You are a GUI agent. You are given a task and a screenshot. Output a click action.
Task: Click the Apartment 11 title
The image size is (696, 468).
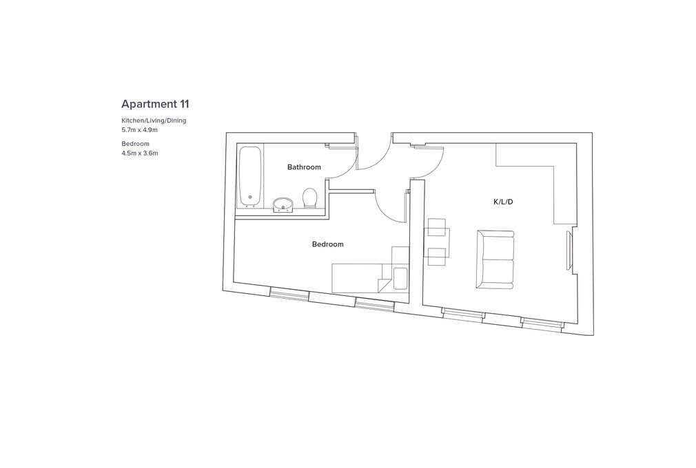click(x=155, y=104)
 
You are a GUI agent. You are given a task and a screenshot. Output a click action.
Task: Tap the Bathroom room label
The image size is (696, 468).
click(x=304, y=167)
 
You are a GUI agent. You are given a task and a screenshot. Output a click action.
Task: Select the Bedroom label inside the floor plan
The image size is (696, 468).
click(x=327, y=244)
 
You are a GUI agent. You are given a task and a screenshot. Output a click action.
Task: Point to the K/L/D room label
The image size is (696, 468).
click(x=503, y=202)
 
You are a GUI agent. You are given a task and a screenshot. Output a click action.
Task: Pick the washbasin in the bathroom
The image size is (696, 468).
click(x=283, y=205)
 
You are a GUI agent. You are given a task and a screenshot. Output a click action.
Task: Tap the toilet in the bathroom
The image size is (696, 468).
click(x=310, y=198)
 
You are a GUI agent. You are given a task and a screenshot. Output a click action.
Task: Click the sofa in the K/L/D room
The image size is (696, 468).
click(x=495, y=259)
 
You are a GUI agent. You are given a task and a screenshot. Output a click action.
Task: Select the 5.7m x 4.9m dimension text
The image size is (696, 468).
click(x=140, y=130)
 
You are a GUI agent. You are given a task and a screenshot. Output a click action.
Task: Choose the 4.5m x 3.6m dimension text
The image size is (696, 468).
click(x=140, y=153)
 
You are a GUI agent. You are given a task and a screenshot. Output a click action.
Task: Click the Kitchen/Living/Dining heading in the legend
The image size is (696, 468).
click(x=154, y=120)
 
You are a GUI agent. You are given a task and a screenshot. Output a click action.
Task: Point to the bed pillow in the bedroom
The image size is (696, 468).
click(x=400, y=279)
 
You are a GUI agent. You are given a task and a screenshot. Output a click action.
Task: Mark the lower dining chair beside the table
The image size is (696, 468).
click(x=436, y=257)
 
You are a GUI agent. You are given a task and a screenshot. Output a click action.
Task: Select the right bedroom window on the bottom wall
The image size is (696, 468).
click(x=374, y=304)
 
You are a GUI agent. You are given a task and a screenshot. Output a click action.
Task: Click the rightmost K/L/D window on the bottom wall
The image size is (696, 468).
click(x=542, y=323)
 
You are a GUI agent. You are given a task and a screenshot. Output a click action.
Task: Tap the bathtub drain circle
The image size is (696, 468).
click(x=250, y=198)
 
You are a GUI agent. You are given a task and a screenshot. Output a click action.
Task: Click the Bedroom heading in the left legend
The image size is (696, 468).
click(x=135, y=144)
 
